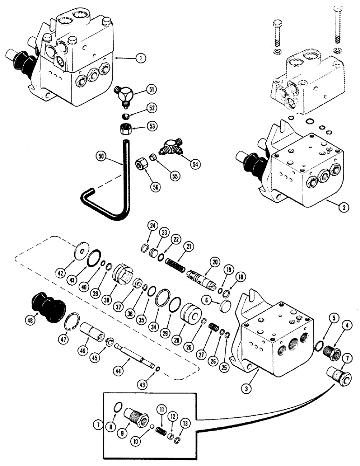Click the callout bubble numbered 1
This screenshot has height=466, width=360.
[x=139, y=59]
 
